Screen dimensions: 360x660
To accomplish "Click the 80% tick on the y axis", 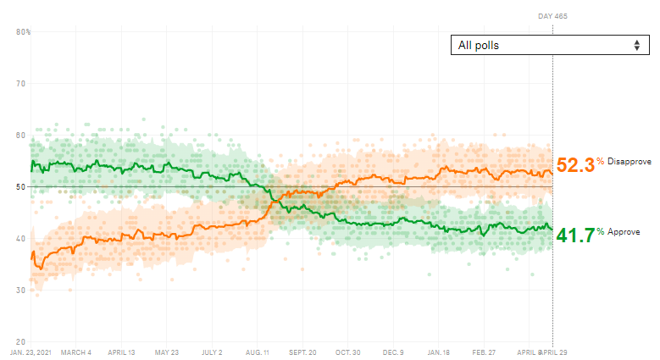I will pos(23,32).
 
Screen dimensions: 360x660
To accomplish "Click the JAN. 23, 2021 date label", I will pos(32,352).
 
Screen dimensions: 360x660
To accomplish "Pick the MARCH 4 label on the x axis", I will pos(76,352).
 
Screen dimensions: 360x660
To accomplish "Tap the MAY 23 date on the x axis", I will pos(167,352).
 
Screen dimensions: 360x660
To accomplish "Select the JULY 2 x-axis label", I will pos(212,352).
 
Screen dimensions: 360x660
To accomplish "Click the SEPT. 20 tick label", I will pos(302,352).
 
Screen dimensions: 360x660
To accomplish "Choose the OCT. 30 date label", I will pos(348,352).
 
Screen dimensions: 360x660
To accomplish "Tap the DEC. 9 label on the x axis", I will pos(394,352).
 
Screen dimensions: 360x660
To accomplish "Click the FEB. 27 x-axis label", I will pos(484,352).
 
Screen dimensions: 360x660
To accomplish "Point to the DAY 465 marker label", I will pos(552,16).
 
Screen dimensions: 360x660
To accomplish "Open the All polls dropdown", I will pos(549,45).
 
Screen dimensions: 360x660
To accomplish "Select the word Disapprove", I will pos(629,161).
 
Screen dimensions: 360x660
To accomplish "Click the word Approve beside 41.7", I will pos(624,232).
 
